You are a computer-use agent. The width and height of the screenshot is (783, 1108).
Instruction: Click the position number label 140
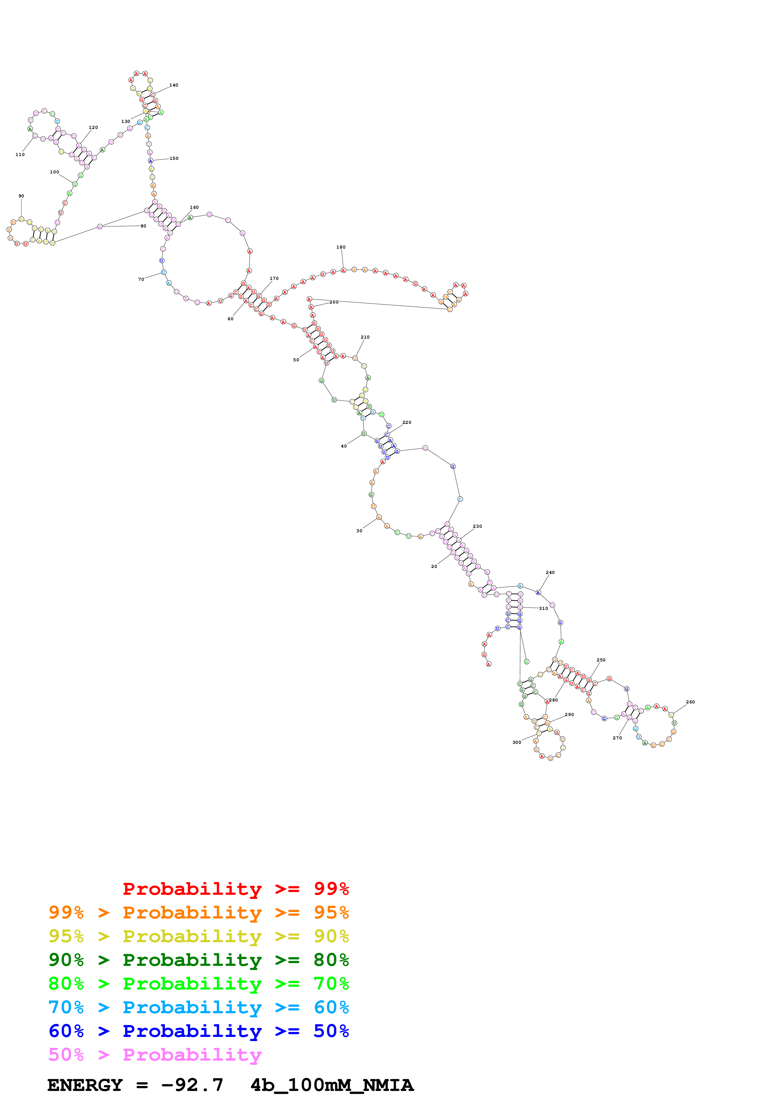(x=174, y=85)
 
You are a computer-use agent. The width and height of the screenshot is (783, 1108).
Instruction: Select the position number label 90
(x=21, y=196)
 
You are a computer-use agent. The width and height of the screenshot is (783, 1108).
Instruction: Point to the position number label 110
(x=20, y=155)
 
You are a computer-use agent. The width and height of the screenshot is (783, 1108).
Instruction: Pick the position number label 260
(x=690, y=702)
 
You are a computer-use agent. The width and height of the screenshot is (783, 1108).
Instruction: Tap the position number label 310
(x=543, y=609)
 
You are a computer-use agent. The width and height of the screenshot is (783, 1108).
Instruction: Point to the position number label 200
(x=334, y=302)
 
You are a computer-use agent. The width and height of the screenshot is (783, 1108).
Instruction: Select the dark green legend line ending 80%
(x=198, y=960)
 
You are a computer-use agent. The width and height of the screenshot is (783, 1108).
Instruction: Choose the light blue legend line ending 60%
(x=198, y=1007)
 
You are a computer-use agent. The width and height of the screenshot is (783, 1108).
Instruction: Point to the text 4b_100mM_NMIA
(x=332, y=1085)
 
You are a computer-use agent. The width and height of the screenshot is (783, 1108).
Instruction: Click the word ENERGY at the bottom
(x=85, y=1085)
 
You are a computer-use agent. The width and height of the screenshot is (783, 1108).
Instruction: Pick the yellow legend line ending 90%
(x=198, y=936)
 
